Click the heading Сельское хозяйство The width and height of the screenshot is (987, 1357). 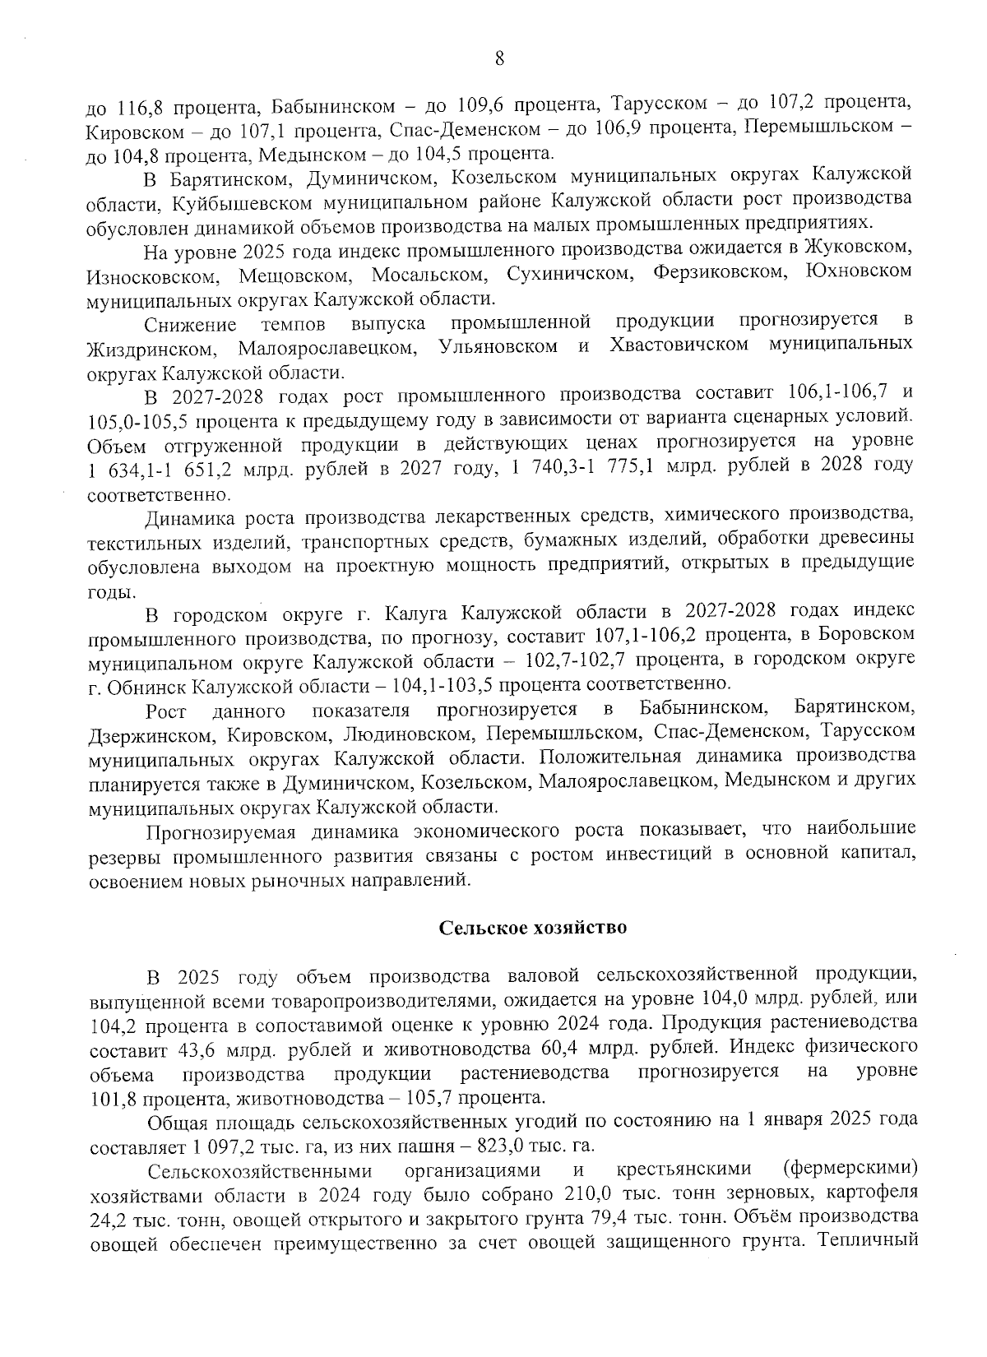point(532,928)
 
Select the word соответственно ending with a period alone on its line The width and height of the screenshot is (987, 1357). point(158,496)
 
